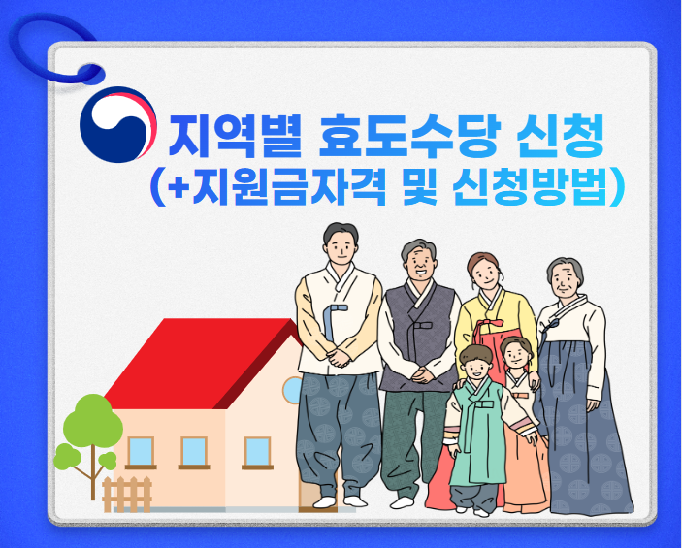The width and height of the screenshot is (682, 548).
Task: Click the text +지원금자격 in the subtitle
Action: (276, 186)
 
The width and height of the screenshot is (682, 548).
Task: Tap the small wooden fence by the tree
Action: (127, 493)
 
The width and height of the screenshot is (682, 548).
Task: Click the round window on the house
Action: (291, 390)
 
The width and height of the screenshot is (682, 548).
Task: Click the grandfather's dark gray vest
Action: (419, 335)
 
